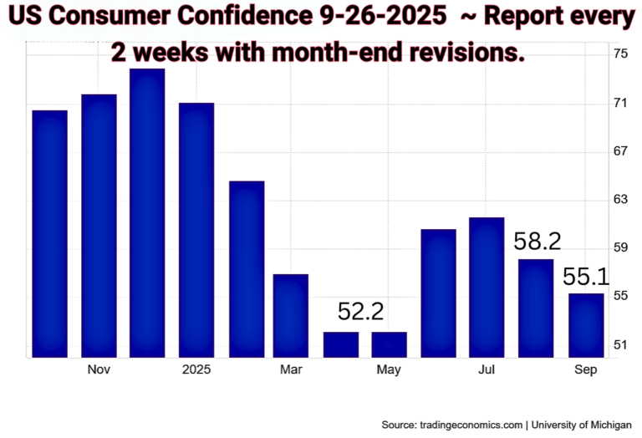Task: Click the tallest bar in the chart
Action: pyautogui.click(x=147, y=213)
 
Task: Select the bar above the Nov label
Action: pyautogui.click(x=99, y=226)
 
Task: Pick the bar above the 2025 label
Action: pyautogui.click(x=196, y=230)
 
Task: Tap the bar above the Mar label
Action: pyautogui.click(x=291, y=316)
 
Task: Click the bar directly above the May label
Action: pyautogui.click(x=389, y=344)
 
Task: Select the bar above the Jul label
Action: pyautogui.click(x=487, y=288)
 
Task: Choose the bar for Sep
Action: pyautogui.click(x=585, y=325)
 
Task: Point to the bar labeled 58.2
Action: pyautogui.click(x=536, y=308)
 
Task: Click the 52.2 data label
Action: pyautogui.click(x=360, y=313)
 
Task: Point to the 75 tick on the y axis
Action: pyautogui.click(x=621, y=54)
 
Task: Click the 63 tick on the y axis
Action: pyautogui.click(x=621, y=200)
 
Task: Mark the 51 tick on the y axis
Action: pyautogui.click(x=621, y=345)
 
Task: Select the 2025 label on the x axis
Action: pyautogui.click(x=196, y=369)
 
